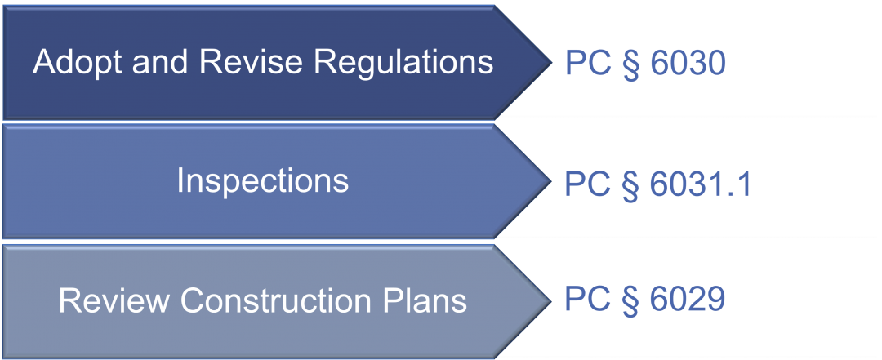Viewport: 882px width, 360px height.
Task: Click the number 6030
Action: click(687, 64)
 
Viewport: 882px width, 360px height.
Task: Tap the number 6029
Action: click(687, 300)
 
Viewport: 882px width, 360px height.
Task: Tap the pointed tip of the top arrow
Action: click(552, 62)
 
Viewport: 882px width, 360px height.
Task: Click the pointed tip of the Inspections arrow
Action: click(552, 180)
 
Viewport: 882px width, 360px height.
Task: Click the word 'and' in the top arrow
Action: click(160, 61)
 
